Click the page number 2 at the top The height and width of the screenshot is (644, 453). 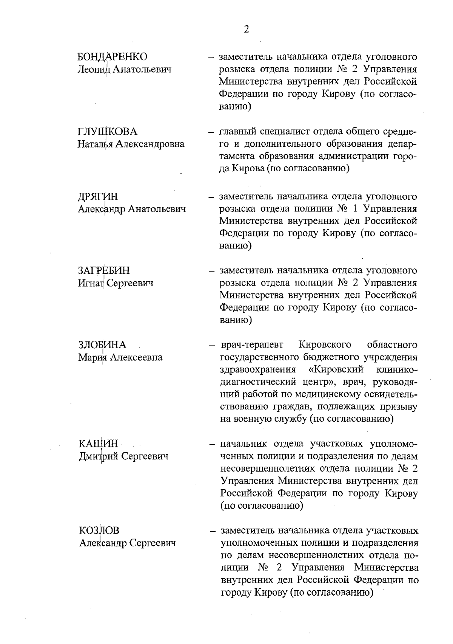click(247, 29)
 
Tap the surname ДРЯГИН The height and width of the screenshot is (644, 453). click(98, 197)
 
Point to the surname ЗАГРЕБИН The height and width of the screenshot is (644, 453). click(104, 270)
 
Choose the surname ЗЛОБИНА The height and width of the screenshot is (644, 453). click(102, 345)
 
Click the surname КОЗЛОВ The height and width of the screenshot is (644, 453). click(99, 531)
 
